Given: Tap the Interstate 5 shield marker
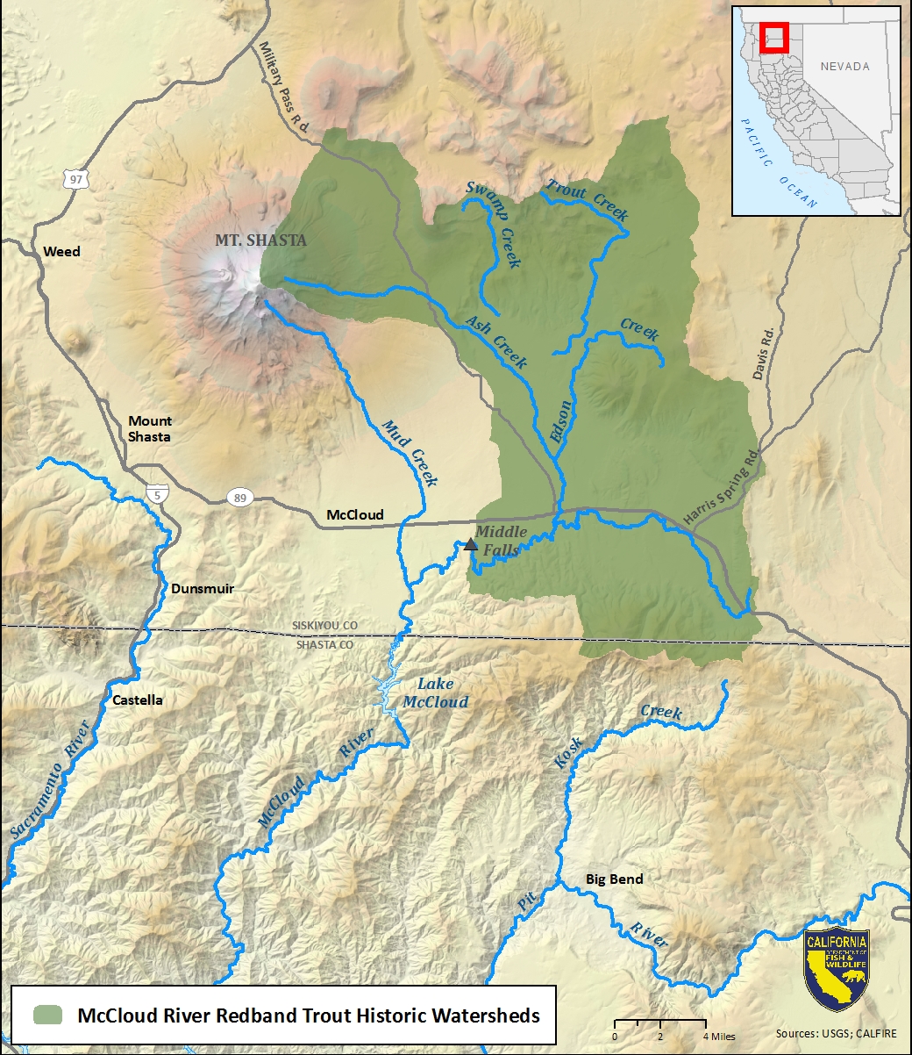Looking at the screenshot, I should pos(158,494).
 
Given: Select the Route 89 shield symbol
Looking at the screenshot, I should pos(239,498).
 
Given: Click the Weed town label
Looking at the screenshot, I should pos(61,252).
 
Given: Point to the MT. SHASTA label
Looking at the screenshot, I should pos(261,240).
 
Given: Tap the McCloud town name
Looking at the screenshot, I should pos(354,515).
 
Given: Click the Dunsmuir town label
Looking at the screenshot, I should pos(203,588).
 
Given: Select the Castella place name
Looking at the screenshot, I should pos(138,700).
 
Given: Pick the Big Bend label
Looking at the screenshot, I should pos(614,879).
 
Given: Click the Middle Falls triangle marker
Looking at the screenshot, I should pos(471,544).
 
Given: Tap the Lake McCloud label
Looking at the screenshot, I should pos(435,693).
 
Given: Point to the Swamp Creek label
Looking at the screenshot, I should pos(494,224).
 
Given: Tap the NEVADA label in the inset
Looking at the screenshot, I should pos(844,67).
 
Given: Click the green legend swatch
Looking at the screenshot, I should pos(48,1016).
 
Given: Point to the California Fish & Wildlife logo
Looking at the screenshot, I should pos(837,970).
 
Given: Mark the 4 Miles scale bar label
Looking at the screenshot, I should pos(718,1037).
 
